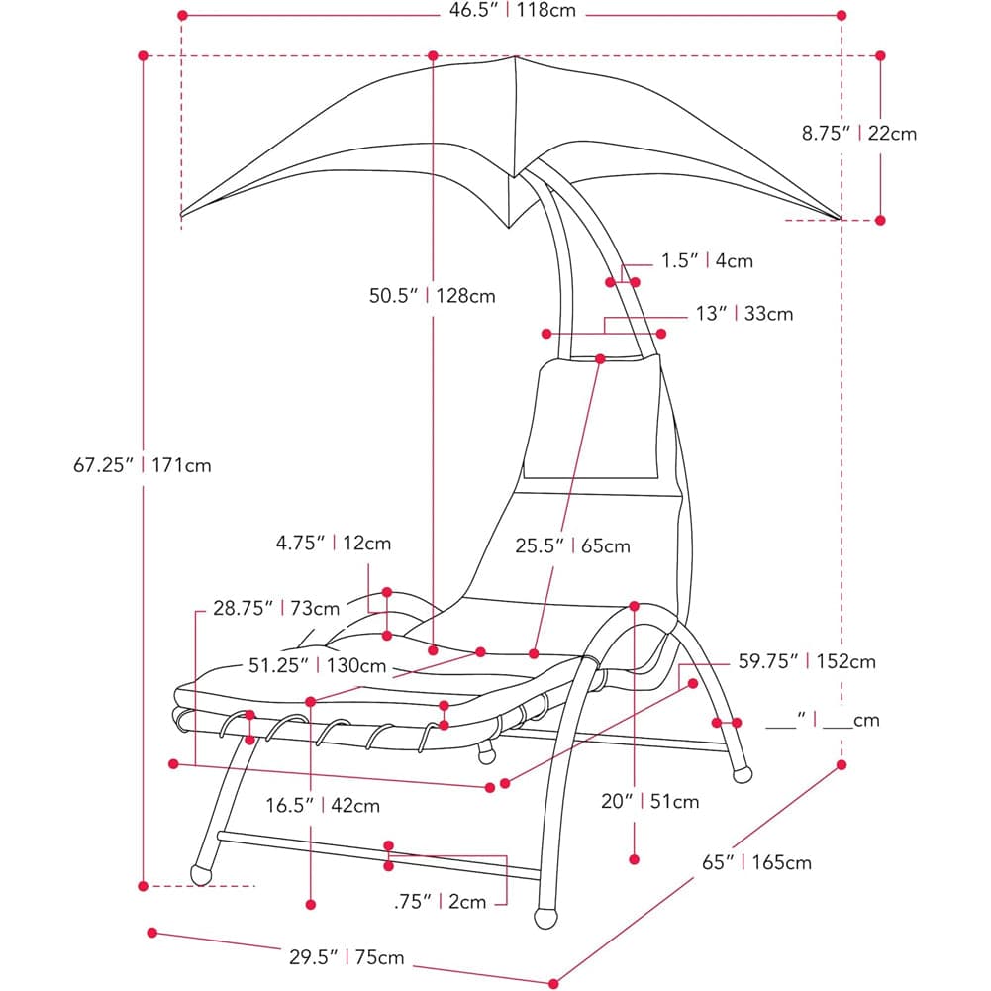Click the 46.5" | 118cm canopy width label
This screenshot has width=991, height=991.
(x=513, y=11)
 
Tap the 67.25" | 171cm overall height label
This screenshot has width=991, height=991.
(x=143, y=465)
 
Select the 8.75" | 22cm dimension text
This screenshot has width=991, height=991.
(x=859, y=134)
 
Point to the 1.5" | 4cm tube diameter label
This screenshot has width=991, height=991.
(x=707, y=260)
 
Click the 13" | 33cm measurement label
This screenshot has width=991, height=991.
(x=743, y=314)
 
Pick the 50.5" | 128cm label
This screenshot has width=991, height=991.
(x=433, y=296)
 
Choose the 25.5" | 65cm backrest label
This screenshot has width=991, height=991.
(x=572, y=546)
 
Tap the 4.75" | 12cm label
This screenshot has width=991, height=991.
(x=334, y=543)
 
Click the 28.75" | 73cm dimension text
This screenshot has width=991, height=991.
(x=276, y=608)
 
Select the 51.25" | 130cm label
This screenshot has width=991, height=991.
(x=317, y=665)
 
